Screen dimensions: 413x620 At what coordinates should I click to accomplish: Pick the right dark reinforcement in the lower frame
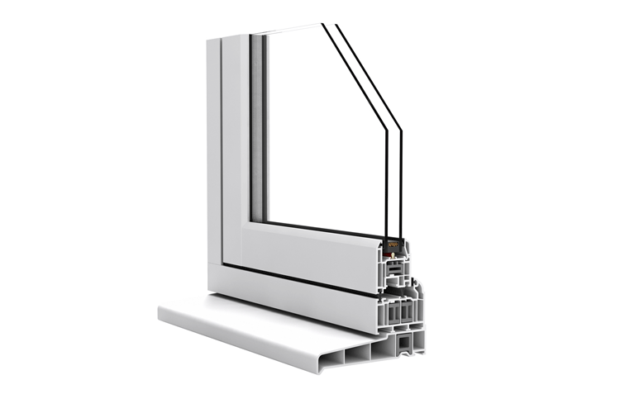pos(405,312)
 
